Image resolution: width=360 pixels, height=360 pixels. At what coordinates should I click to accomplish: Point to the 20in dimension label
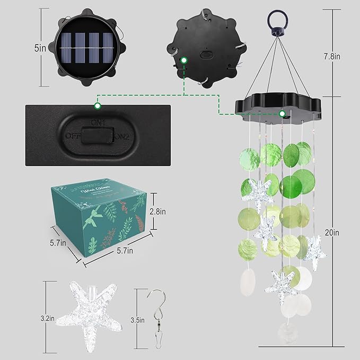point(338,232)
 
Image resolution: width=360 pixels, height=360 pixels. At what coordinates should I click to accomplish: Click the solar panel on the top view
point(85,48)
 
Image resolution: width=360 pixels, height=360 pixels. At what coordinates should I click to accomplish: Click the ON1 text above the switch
point(97,123)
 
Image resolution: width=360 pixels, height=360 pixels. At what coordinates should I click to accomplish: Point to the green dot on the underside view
point(184,60)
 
